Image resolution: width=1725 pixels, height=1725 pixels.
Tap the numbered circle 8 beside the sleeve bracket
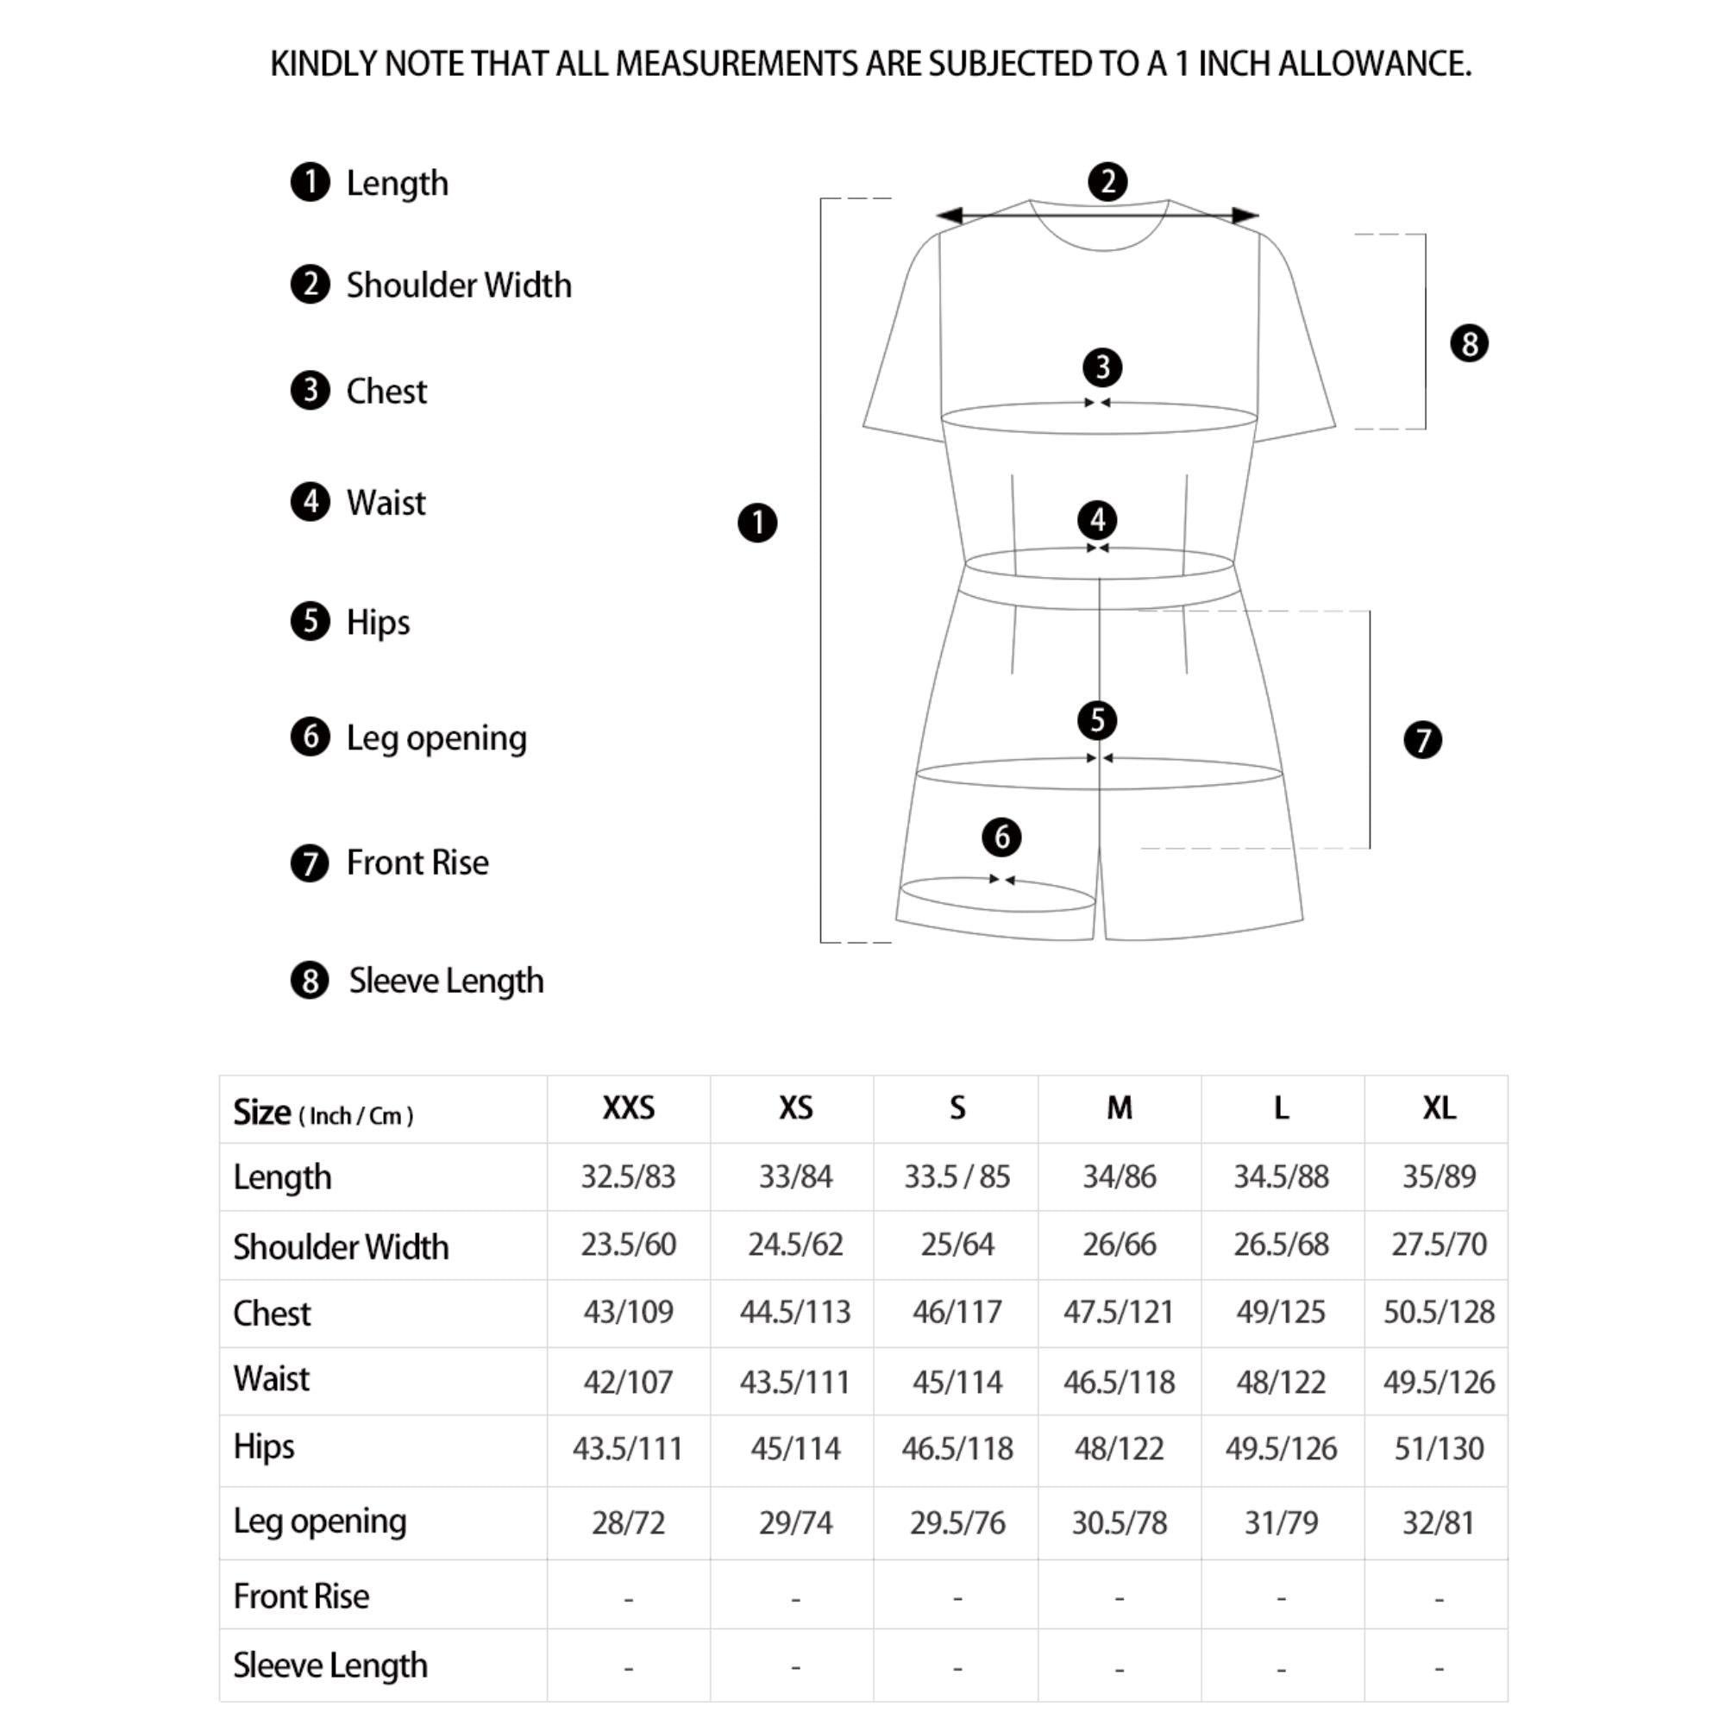(1469, 344)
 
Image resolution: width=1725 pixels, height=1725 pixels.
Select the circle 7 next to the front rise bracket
(1422, 739)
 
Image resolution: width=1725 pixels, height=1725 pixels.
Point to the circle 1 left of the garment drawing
(757, 523)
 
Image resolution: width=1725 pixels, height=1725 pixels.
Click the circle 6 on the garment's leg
(1000, 837)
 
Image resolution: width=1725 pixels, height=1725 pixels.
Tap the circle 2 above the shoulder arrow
(1107, 182)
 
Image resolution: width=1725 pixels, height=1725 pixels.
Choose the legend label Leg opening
(436, 738)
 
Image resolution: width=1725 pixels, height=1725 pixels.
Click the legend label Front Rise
(417, 862)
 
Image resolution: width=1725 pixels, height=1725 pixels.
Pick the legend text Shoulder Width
(458, 285)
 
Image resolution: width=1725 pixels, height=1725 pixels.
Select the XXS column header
(629, 1108)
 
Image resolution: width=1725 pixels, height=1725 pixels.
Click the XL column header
(1439, 1108)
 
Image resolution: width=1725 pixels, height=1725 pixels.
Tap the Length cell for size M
(1119, 1176)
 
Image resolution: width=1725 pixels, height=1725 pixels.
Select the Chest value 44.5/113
(794, 1312)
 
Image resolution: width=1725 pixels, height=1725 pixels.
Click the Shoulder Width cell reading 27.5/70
(1439, 1244)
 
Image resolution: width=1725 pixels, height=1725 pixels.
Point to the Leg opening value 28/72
(629, 1522)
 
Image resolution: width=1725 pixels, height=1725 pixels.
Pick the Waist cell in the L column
(1280, 1382)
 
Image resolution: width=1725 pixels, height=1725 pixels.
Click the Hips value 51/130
(1439, 1448)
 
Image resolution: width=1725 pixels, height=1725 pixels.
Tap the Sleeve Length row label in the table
(330, 1665)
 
